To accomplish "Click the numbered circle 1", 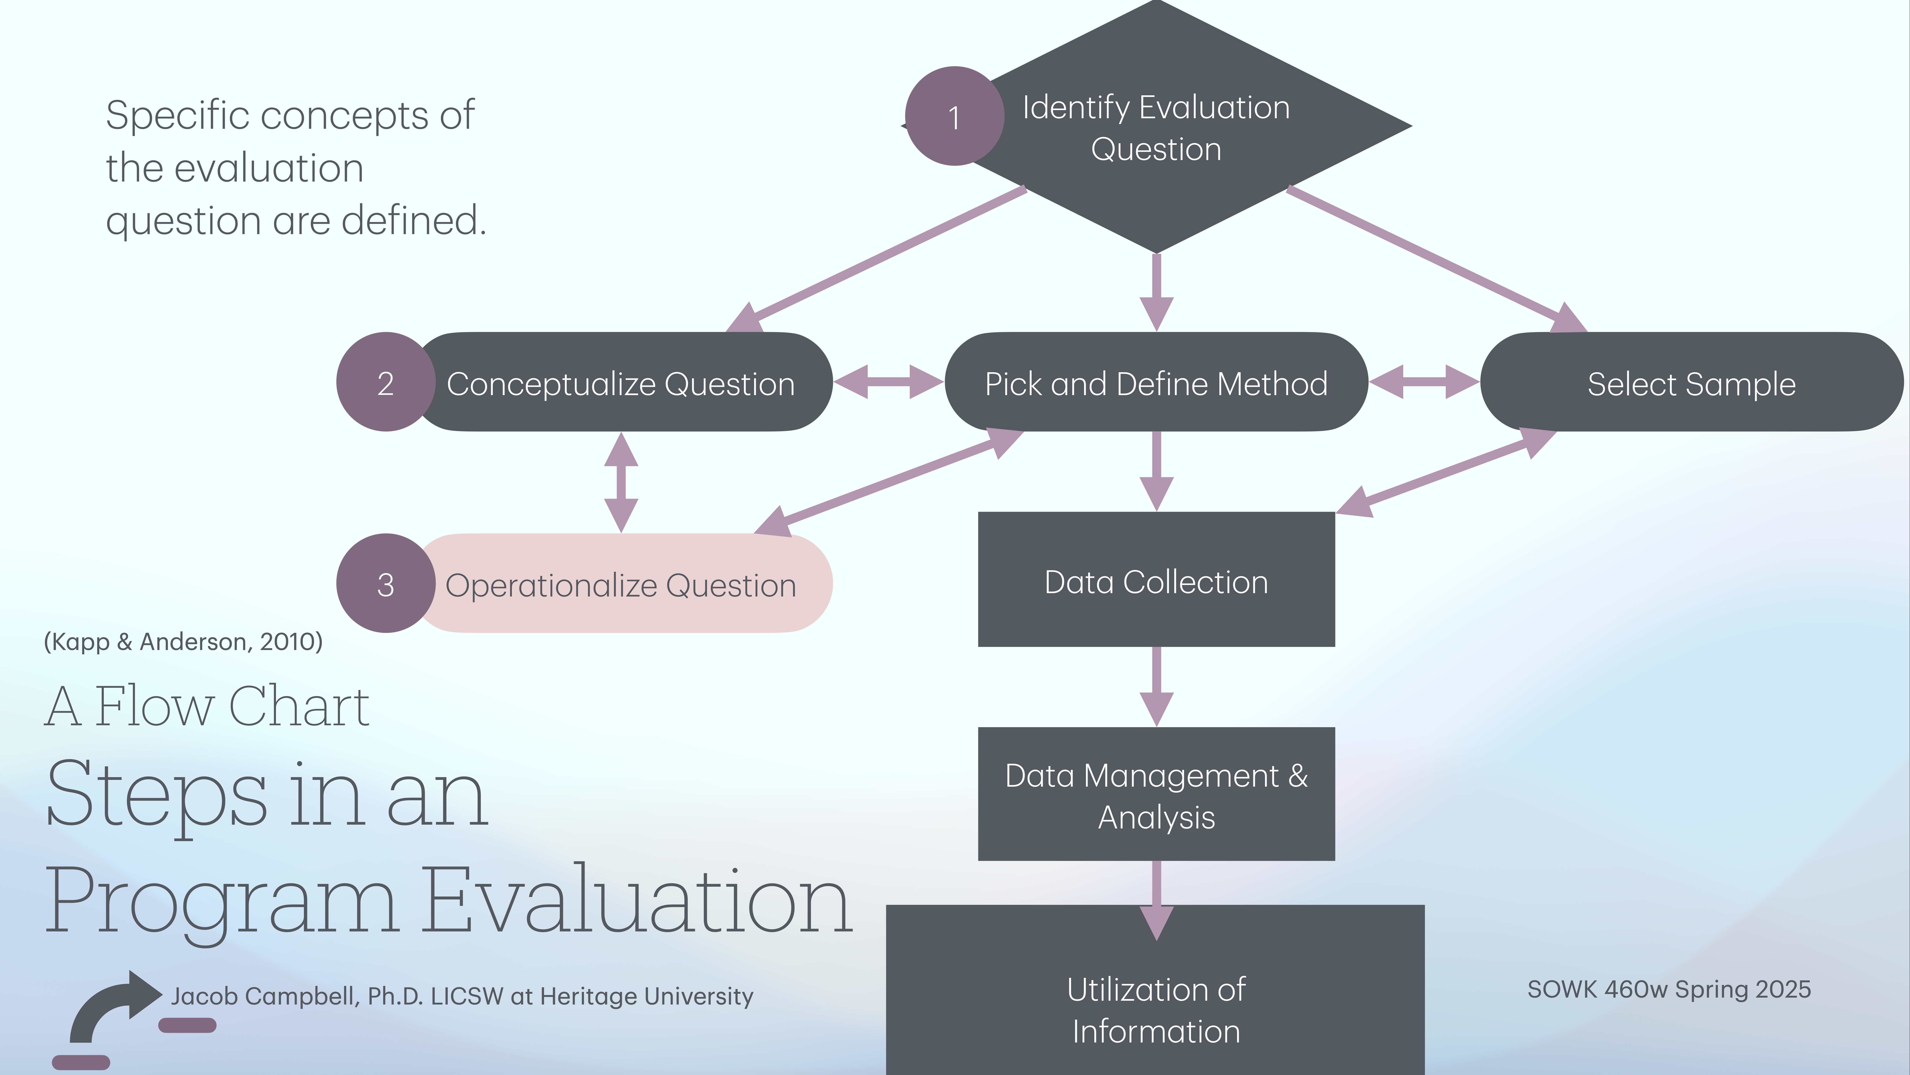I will pos(954,117).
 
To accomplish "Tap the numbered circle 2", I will pos(385,382).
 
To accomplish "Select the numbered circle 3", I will pos(385,584).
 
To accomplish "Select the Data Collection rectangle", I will pos(1156,580).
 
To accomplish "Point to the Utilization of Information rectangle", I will pos(1156,1009).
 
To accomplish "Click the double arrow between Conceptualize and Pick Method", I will pos(888,381).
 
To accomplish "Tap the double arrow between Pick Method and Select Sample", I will pos(1423,381).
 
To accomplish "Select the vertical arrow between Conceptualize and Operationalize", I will pos(621,482).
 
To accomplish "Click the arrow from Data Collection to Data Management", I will pos(1156,686).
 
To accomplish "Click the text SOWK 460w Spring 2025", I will pos(1668,989).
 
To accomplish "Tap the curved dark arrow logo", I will pos(111,1009).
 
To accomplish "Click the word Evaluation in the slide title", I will pos(638,901).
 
